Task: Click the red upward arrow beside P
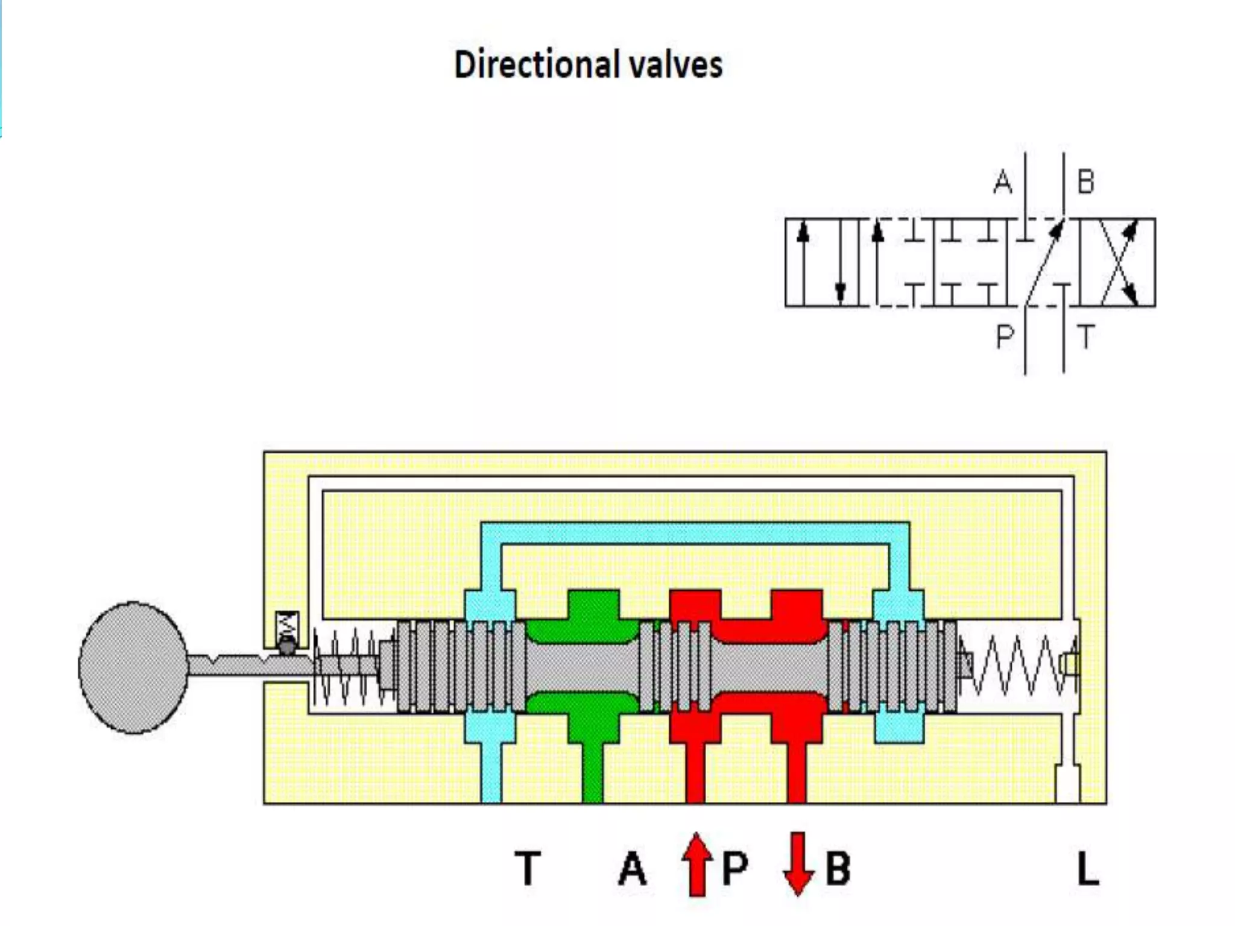[x=696, y=865]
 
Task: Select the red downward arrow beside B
[x=798, y=863]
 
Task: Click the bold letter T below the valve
[x=528, y=869]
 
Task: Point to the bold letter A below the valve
[x=632, y=869]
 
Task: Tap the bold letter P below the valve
[x=734, y=869]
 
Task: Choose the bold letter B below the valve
[x=838, y=869]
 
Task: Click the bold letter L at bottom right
[x=1088, y=869]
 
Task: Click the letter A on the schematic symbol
[x=1003, y=181]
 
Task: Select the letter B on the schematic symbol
[x=1085, y=181]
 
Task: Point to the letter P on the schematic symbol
[x=1005, y=336]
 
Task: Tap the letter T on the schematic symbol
[x=1085, y=336]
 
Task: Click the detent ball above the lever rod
[x=286, y=647]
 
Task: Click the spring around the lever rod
[x=347, y=666]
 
